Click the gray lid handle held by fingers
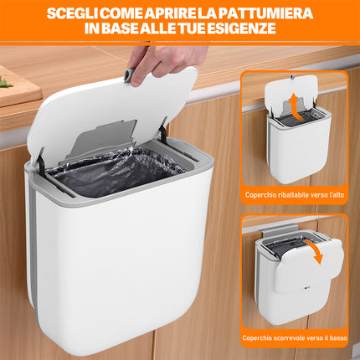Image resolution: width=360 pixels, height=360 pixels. tap(129, 75)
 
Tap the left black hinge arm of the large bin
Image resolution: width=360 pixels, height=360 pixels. tap(39, 162)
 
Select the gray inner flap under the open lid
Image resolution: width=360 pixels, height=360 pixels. tap(104, 137)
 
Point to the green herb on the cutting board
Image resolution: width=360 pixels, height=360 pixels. tap(5, 81)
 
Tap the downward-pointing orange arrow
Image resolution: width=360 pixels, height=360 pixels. tap(314, 252)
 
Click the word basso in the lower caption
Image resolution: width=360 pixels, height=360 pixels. tap(338, 338)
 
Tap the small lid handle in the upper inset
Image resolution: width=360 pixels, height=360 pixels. tap(292, 76)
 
